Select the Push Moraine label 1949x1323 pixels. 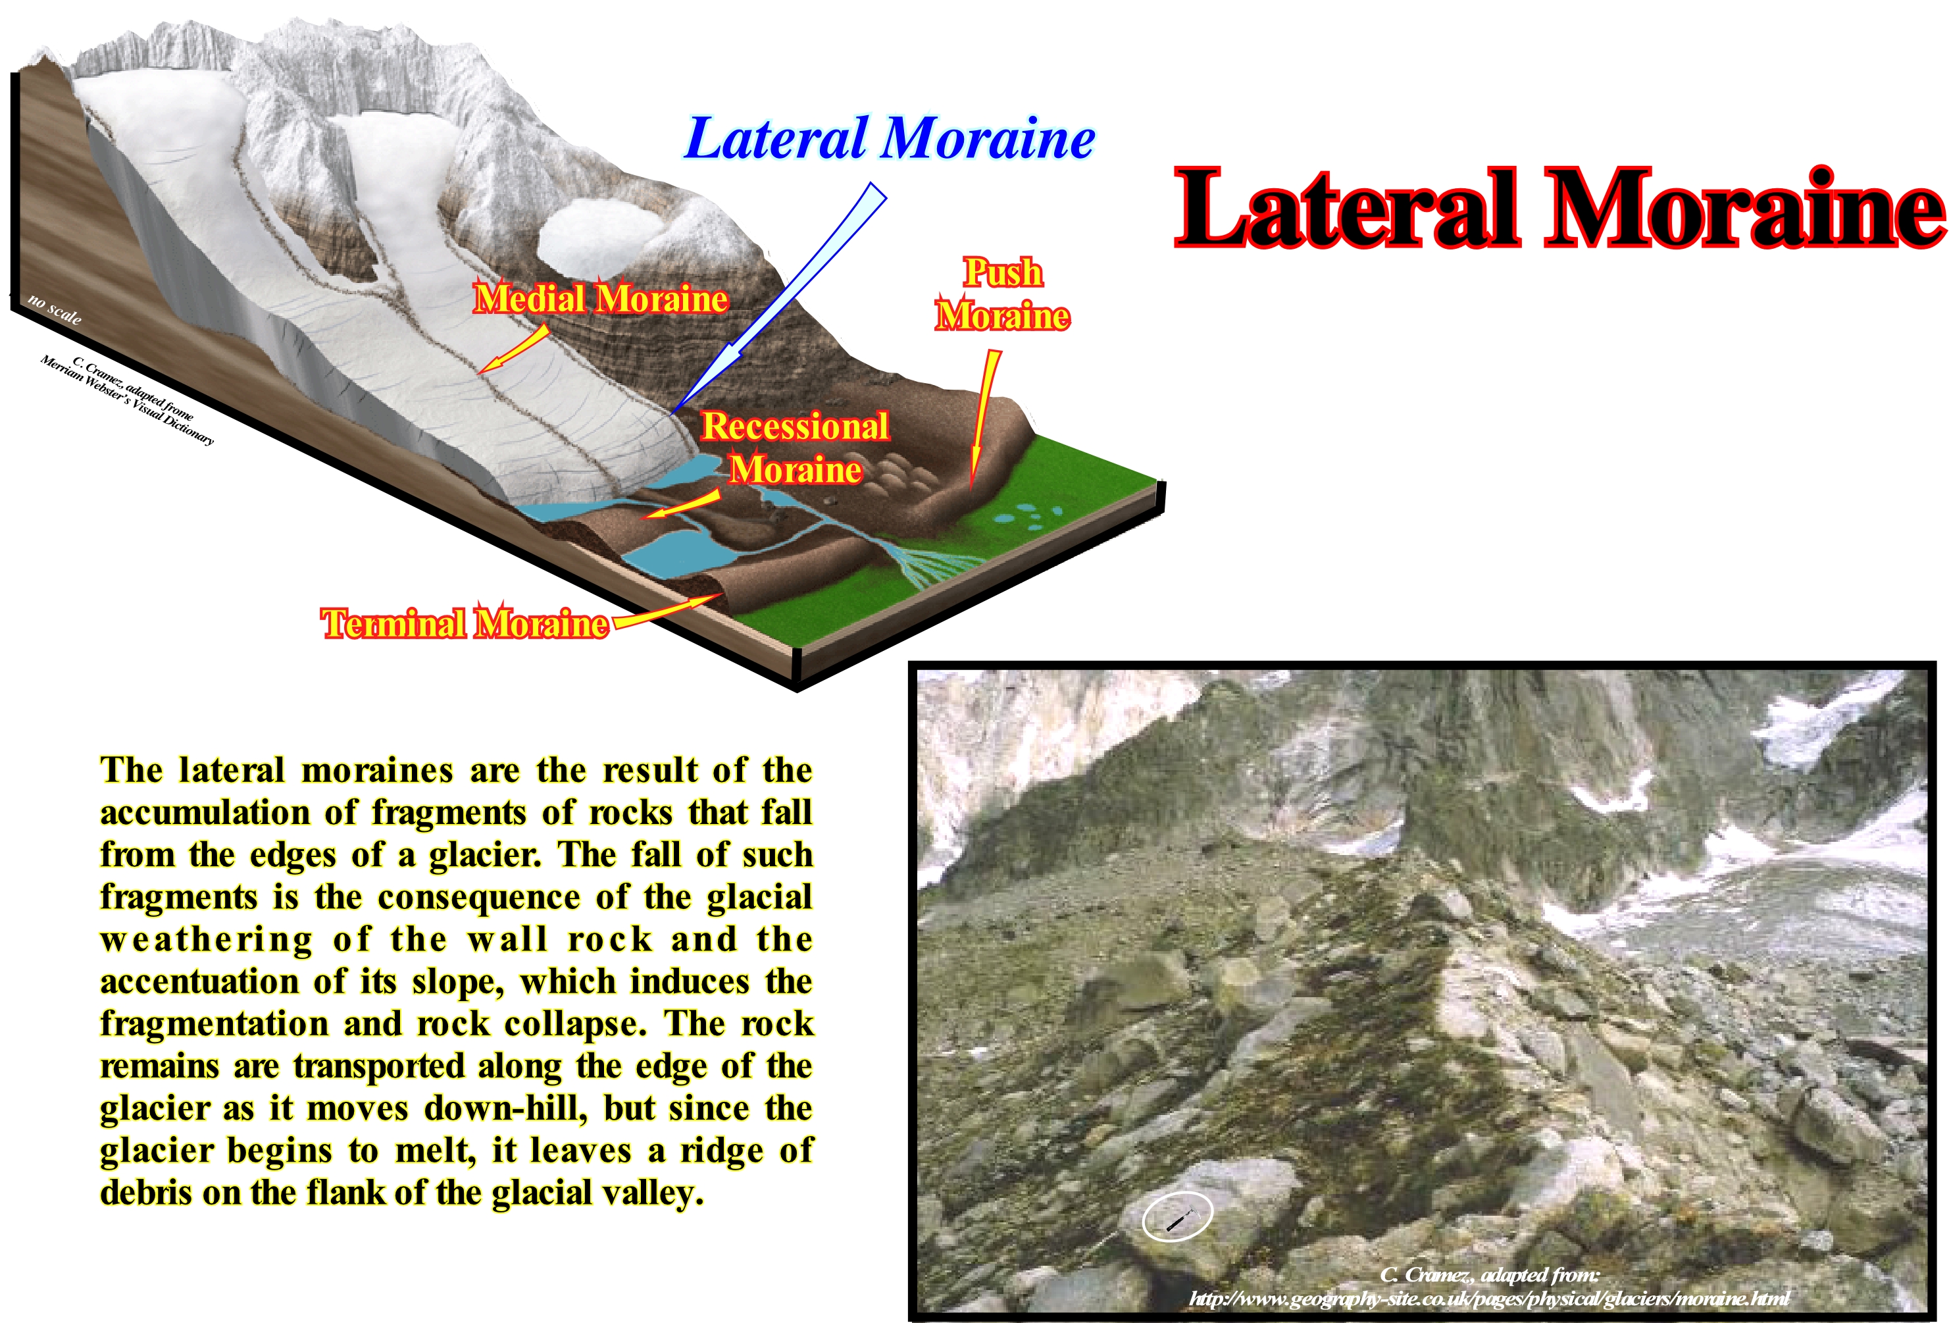(1002, 294)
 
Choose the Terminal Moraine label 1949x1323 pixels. (465, 623)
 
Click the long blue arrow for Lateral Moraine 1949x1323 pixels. (780, 298)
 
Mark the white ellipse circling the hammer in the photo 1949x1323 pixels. (1177, 1215)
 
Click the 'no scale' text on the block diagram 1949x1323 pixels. (55, 309)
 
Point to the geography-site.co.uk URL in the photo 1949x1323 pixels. (1488, 1299)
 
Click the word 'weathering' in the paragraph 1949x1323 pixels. (207, 940)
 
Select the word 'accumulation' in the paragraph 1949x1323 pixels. (205, 812)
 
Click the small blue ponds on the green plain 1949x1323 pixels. (1026, 516)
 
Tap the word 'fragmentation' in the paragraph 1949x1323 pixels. (214, 1024)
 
